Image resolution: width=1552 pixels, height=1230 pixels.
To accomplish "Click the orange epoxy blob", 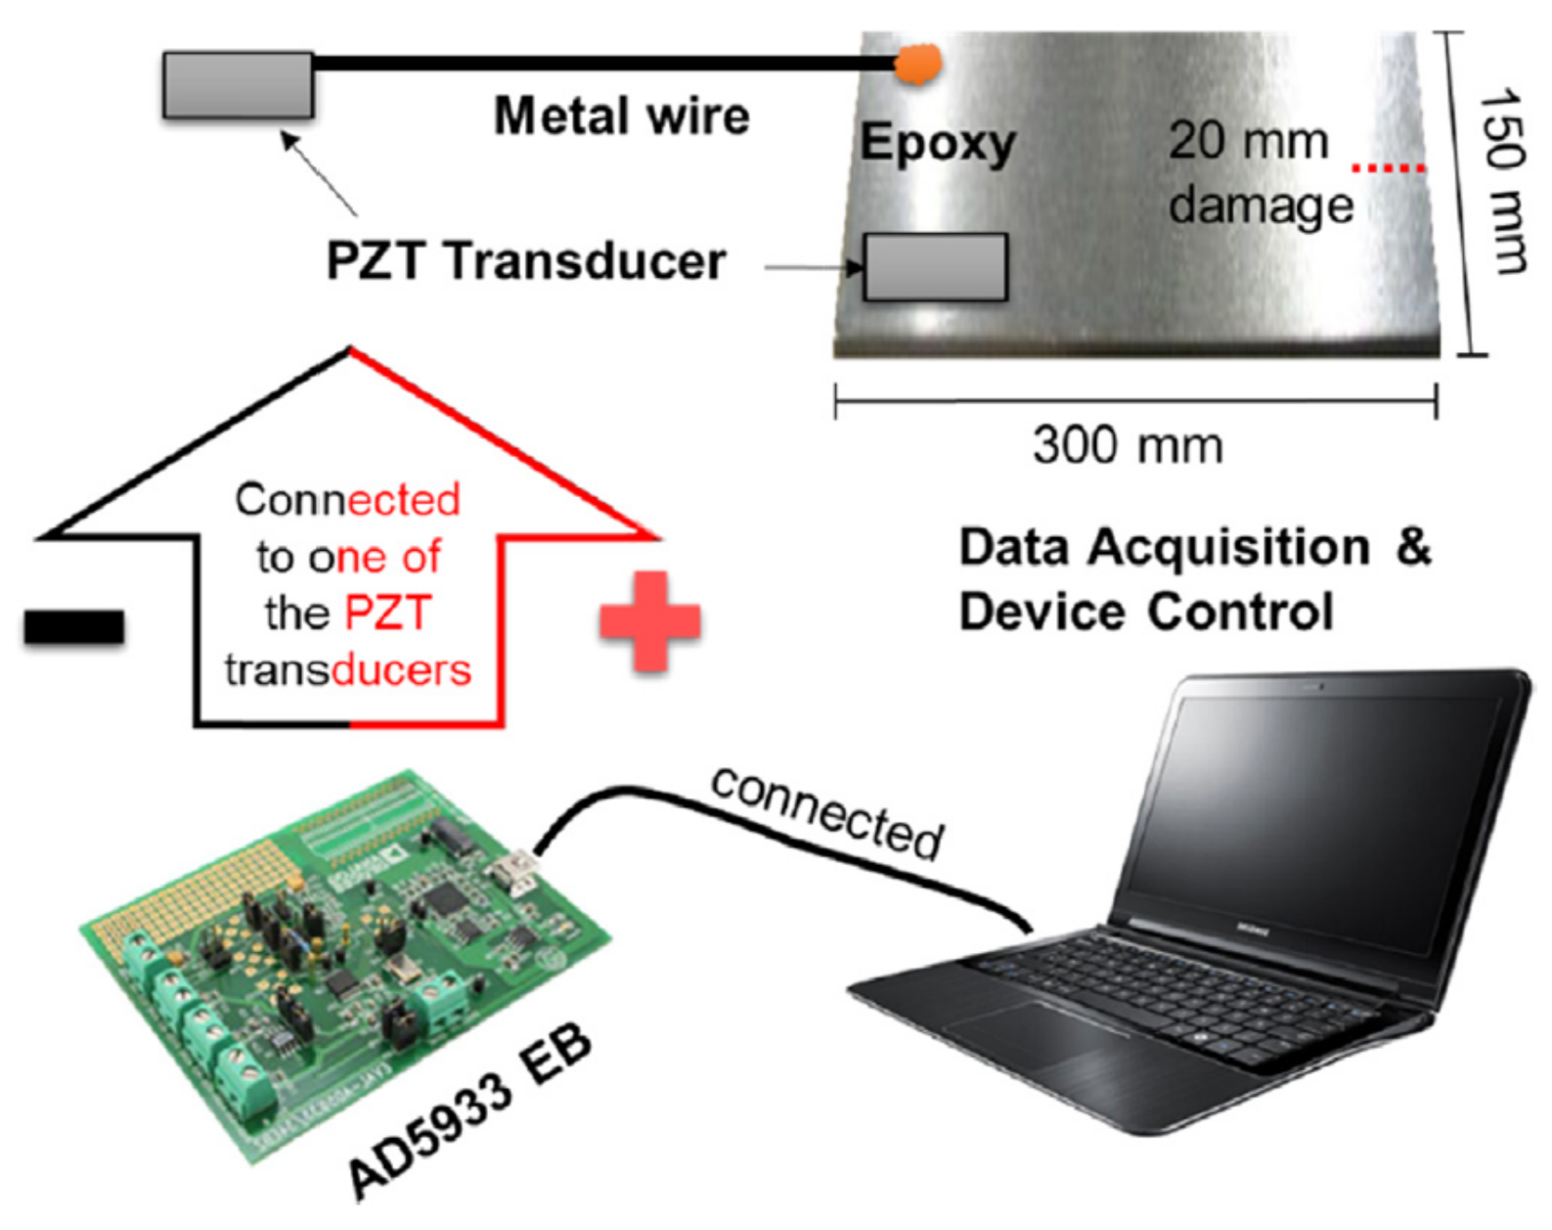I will [x=918, y=65].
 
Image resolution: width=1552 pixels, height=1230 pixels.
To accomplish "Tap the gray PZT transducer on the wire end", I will [x=238, y=85].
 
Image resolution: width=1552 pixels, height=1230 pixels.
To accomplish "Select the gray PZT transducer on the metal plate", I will [x=935, y=266].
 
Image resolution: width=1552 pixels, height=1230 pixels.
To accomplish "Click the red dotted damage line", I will [x=1388, y=168].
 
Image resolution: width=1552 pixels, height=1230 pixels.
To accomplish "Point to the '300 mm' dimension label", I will [x=1127, y=445].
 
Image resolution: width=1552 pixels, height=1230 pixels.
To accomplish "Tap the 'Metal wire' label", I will [x=621, y=116].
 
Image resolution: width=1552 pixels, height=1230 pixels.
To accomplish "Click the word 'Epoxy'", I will [x=937, y=144].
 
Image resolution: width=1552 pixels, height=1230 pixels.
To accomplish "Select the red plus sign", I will [x=649, y=622].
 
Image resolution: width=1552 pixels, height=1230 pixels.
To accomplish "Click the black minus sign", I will [x=74, y=627].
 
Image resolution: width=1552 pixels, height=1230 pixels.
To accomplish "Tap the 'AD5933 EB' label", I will [x=469, y=1112].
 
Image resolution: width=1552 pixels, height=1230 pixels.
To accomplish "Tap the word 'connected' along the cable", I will [x=826, y=812].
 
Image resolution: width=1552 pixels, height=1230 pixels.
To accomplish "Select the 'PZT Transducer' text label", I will [x=525, y=261].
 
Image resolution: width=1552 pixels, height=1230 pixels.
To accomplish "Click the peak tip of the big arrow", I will [x=349, y=349].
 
